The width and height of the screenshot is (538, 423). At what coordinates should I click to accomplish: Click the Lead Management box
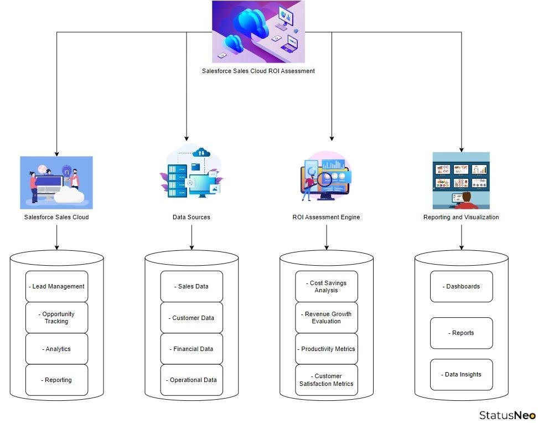coord(56,286)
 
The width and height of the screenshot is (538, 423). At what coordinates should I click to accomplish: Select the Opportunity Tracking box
coord(56,317)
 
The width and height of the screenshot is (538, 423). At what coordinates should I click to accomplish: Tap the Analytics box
coord(56,349)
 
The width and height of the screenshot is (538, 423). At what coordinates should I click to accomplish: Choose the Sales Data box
coord(192,286)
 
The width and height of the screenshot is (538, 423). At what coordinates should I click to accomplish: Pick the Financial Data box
coord(192,349)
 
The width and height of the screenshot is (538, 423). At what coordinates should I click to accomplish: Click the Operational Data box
coord(192,380)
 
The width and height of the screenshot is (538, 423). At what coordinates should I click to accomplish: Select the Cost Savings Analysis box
coord(327,286)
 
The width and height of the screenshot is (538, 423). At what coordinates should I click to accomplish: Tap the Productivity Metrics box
coord(327,349)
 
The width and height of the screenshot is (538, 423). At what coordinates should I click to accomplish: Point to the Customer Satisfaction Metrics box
coord(327,380)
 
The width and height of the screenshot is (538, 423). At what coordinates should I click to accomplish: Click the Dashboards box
coord(461,286)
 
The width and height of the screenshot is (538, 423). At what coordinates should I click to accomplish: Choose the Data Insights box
coord(461,374)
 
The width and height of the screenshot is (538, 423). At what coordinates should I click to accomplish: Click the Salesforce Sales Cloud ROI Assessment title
coord(258,71)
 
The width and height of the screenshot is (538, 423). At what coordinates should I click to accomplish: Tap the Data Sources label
coord(192,217)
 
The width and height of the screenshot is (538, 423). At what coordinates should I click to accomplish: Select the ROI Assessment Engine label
coord(326,217)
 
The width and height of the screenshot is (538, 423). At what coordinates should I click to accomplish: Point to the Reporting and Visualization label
coord(461,217)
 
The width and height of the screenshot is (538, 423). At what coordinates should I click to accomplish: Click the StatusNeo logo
coord(507,415)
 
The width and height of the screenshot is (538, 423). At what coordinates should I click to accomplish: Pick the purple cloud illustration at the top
coord(258,32)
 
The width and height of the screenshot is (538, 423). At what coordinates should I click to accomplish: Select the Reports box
coord(461,333)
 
